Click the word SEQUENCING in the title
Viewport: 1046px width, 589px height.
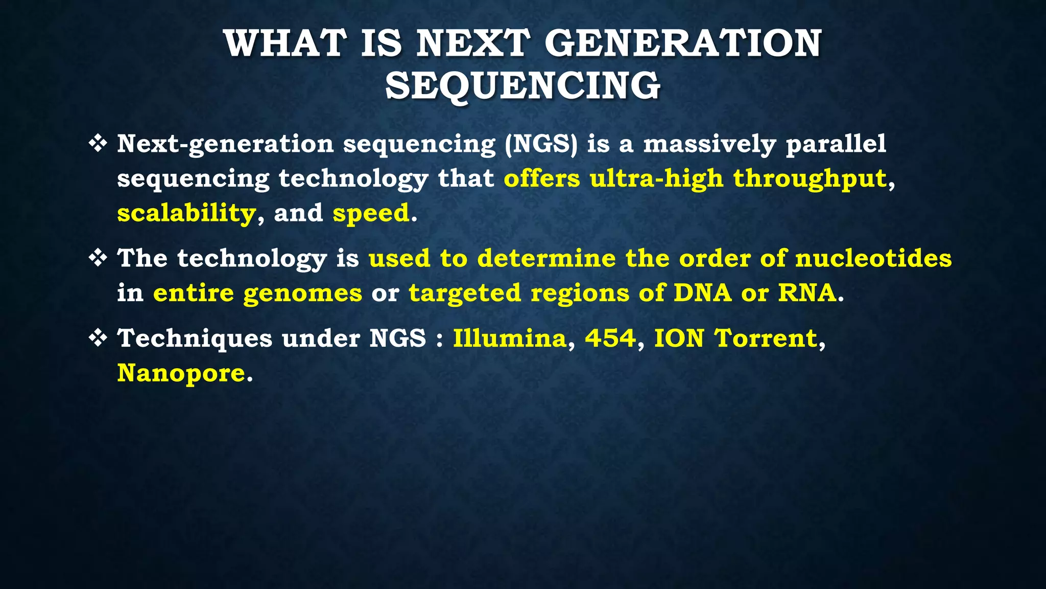pos(522,85)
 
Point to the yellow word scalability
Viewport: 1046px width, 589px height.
pos(186,213)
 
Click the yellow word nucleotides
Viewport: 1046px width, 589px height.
pos(873,258)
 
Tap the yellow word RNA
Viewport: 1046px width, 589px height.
pos(807,293)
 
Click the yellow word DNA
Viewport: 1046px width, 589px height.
pos(703,293)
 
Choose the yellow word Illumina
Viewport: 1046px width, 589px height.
pos(510,338)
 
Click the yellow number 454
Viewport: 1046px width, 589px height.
pos(610,338)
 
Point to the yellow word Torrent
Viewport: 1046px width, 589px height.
pos(766,338)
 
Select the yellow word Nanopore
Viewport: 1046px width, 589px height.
pos(181,373)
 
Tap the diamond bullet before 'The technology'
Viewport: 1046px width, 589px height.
pos(98,258)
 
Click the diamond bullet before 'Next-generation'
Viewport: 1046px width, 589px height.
pos(98,144)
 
